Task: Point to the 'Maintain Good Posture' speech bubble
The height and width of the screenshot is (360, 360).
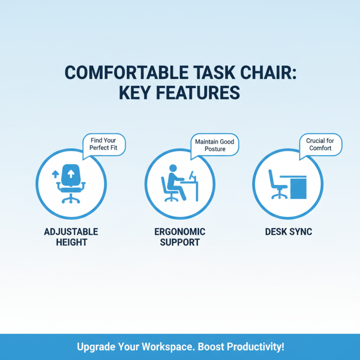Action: tap(215, 145)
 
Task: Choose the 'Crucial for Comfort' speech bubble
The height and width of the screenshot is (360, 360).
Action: tap(320, 144)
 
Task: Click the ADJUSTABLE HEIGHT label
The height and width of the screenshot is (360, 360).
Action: tap(71, 237)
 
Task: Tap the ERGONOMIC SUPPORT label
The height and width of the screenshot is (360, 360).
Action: tap(180, 237)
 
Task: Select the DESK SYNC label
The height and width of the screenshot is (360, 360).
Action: tap(288, 232)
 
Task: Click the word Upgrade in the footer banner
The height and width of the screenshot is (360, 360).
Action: tap(96, 347)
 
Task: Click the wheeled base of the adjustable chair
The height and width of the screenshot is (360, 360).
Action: tap(71, 198)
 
